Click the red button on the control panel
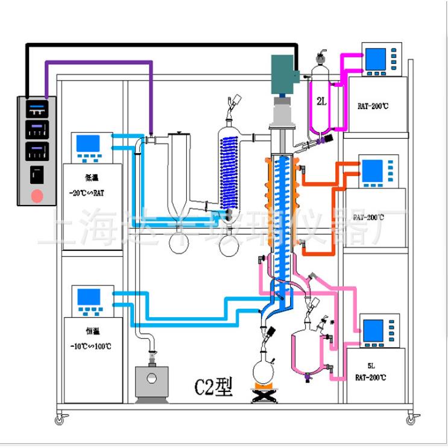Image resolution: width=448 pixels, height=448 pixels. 37,195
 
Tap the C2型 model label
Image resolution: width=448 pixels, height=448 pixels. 212,386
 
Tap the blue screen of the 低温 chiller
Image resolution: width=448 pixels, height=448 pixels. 89,143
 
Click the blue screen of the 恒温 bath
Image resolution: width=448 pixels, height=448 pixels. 89,297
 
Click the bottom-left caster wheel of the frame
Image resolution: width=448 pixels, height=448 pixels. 60,418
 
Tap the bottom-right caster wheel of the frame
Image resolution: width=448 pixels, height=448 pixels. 411,418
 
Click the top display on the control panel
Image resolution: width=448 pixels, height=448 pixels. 37,109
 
